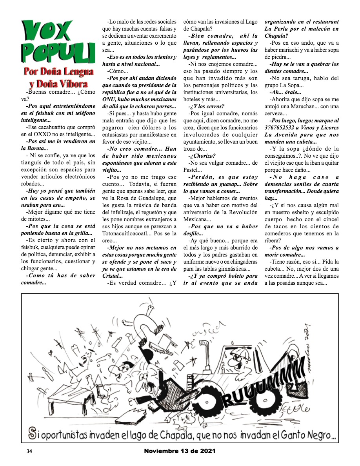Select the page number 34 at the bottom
click(x=29, y=451)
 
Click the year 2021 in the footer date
click(x=205, y=451)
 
